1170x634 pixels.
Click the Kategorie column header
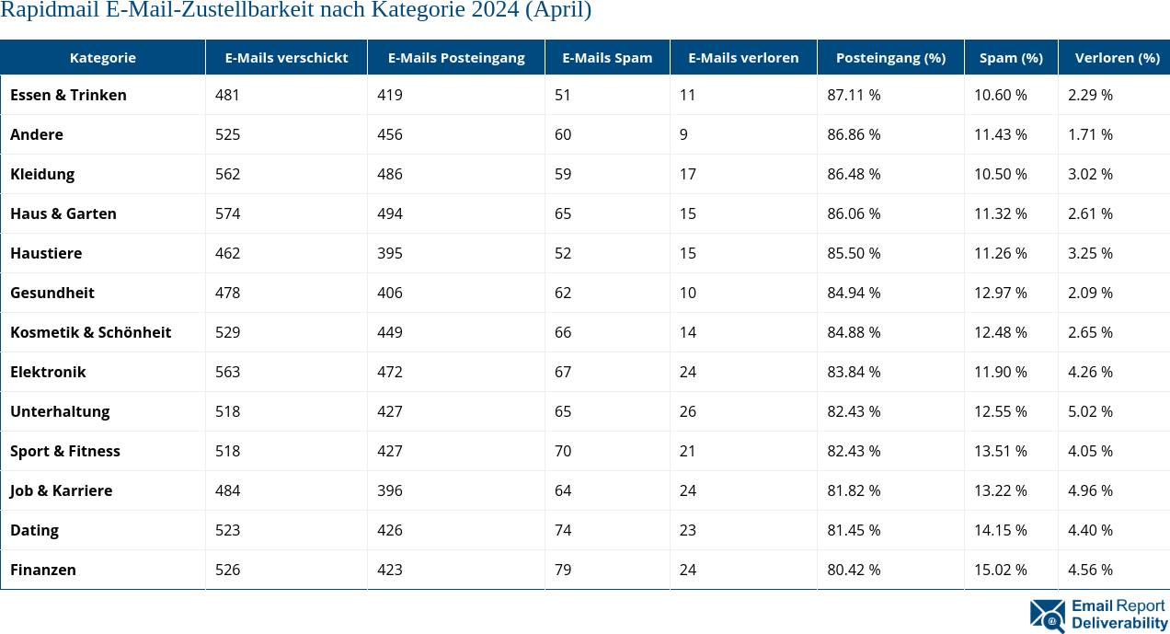pos(102,57)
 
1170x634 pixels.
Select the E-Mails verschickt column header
pos(286,57)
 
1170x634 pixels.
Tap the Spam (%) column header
pos(1010,57)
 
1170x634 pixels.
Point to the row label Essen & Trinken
pos(68,95)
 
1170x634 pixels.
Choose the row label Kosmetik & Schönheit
pos(90,332)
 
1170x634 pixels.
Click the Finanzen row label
pos(43,570)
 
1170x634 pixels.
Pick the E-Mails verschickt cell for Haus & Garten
pos(227,213)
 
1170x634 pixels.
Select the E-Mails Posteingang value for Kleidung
pos(389,174)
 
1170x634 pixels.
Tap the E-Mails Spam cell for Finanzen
pos(563,570)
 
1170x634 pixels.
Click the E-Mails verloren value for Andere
pos(683,134)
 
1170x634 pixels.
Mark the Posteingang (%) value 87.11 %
pos(854,95)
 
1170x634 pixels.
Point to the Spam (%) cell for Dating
pos(1000,530)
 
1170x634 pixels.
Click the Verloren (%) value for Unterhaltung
pos(1090,411)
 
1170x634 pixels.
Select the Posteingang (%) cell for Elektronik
pos(854,372)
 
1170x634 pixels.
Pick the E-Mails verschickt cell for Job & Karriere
pos(227,490)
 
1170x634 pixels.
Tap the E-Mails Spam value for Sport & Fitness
pos(563,451)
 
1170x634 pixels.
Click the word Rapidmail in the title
pos(43,11)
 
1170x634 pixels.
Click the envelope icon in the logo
pos(1047,615)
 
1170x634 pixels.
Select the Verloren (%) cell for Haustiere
pos(1090,253)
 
